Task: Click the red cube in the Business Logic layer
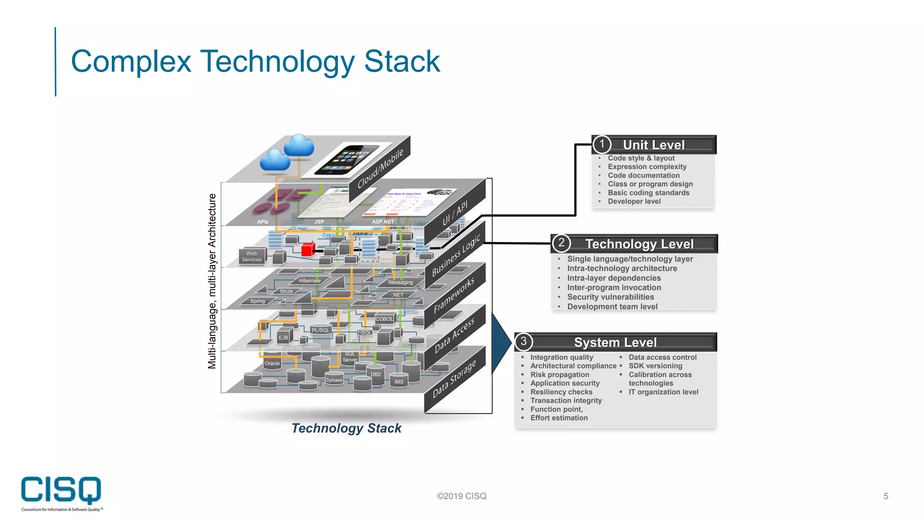308,250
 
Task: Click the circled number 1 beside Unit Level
601,144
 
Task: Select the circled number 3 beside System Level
523,342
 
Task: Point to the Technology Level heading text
639,244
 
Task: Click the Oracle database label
272,363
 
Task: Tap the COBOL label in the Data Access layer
384,319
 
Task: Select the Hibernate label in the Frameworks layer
310,281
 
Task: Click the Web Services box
252,256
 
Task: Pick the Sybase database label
334,380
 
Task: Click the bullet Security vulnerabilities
610,297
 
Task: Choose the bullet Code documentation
643,176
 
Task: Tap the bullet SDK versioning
655,366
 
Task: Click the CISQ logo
61,492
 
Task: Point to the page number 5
886,496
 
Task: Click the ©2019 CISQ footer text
461,496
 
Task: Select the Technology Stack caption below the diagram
346,428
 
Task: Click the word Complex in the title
131,61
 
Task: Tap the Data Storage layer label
454,379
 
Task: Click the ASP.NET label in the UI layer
383,222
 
